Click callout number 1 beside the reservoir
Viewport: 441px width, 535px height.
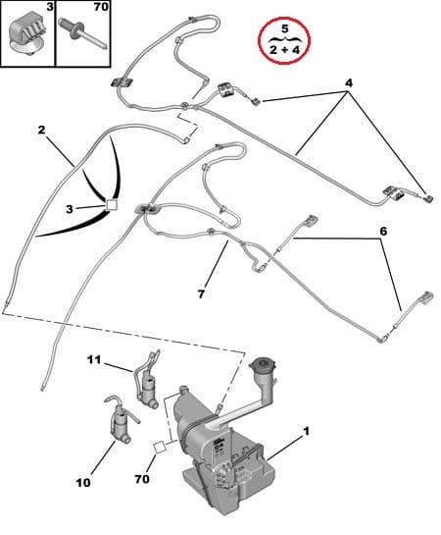pos(308,431)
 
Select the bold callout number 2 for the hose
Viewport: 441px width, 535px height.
pos(42,130)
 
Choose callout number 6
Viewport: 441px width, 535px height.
pos(383,231)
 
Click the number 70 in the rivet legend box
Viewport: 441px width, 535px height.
pos(101,7)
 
